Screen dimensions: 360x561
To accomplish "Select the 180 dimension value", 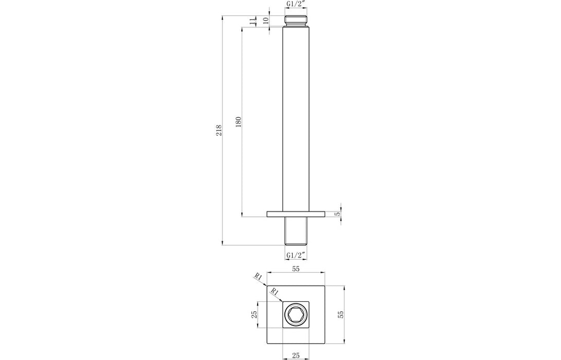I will tap(238, 122).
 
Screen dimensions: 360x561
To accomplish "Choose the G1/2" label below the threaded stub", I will tap(296, 255).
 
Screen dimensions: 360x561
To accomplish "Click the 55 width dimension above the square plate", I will tap(296, 269).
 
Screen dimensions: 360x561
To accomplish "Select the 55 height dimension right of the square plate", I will tap(340, 315).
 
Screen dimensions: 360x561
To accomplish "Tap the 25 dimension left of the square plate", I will tap(254, 314).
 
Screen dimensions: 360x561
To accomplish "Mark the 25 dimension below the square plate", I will tap(296, 355).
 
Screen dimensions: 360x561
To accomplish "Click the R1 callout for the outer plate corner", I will tap(258, 277).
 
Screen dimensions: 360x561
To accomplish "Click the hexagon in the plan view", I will tap(296, 314).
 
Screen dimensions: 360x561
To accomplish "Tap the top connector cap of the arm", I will tap(296, 21).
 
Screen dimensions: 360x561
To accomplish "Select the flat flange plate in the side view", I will tap(296, 213).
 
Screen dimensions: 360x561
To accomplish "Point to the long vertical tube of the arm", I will tap(296, 118).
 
